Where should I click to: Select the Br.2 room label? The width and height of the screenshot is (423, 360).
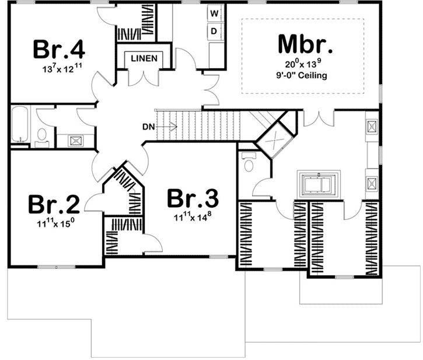(53, 204)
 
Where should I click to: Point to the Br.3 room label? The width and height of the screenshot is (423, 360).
(193, 198)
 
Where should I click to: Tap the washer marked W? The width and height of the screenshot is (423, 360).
(214, 12)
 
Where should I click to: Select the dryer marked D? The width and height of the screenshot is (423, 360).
(214, 30)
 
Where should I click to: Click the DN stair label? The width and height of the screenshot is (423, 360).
(148, 125)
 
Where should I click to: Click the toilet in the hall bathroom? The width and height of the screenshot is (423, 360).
(42, 135)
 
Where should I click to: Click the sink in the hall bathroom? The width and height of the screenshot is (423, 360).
(75, 140)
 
